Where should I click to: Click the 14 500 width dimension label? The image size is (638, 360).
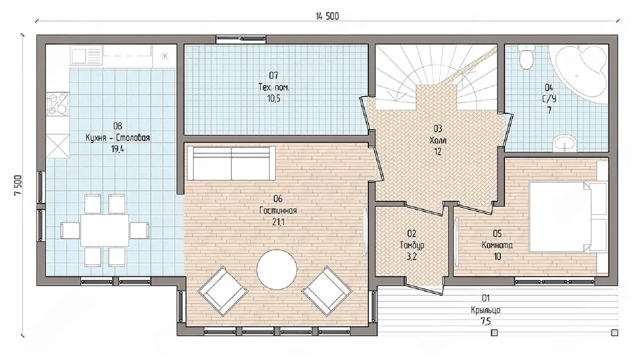tap(327, 16)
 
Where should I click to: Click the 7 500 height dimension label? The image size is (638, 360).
tap(17, 185)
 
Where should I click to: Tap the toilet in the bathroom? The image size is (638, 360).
tap(526, 57)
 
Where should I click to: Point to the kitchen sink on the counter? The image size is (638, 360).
tap(87, 55)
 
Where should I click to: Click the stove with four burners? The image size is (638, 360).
tap(58, 104)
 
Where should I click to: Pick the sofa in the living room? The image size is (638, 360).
tap(231, 163)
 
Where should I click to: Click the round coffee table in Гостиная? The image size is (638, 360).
tap(277, 269)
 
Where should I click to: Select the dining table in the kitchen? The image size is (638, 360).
tap(105, 230)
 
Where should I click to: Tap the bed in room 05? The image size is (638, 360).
tap(568, 217)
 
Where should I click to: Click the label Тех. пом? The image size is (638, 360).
tap(274, 87)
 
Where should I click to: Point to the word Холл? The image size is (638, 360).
tap(438, 140)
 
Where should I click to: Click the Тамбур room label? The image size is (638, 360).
tap(412, 245)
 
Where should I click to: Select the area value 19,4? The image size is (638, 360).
tap(118, 149)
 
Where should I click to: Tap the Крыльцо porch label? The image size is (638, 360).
tap(485, 310)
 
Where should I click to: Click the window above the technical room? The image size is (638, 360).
tap(241, 39)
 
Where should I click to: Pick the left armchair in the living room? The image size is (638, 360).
tap(223, 291)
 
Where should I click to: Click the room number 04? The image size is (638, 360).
tap(549, 87)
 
